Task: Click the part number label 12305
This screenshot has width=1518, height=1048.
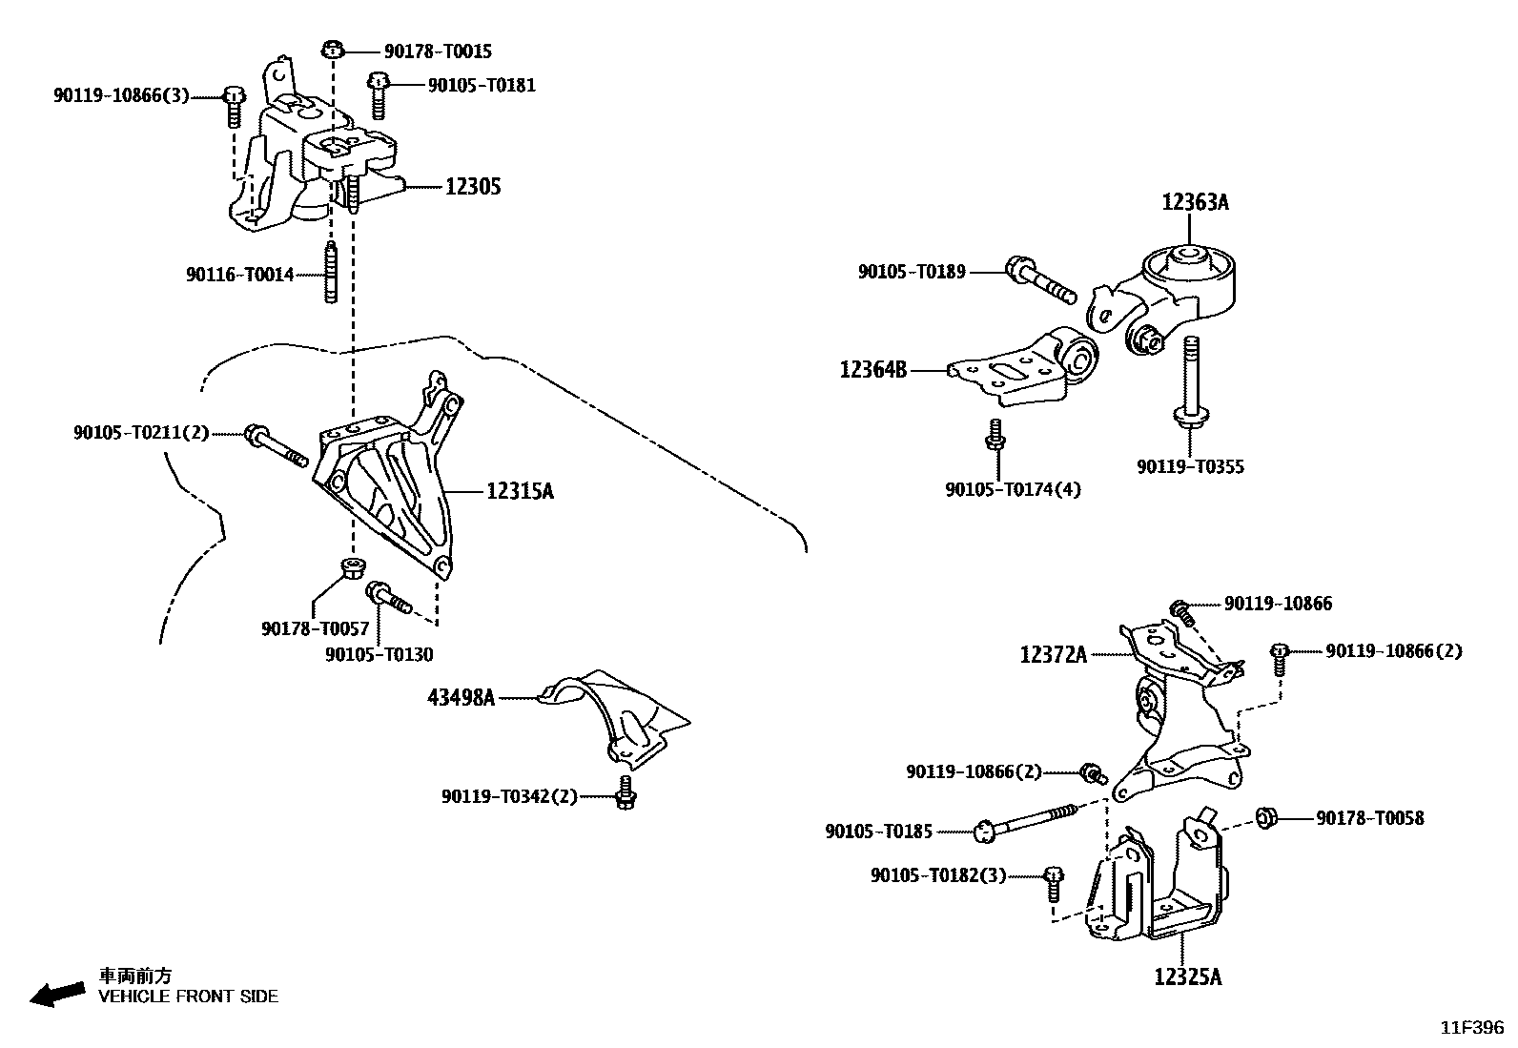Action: pyautogui.click(x=473, y=187)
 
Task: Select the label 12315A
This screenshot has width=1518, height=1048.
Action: pyautogui.click(x=520, y=492)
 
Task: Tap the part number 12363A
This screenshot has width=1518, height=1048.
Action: pyautogui.click(x=1195, y=202)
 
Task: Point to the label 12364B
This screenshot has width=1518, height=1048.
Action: pyautogui.click(x=873, y=369)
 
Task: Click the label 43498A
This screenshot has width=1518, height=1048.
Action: pyautogui.click(x=461, y=698)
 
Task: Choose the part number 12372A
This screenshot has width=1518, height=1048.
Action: pyautogui.click(x=1054, y=655)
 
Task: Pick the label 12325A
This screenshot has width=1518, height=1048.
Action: pyautogui.click(x=1187, y=976)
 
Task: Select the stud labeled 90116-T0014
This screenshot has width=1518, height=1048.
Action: pyautogui.click(x=331, y=274)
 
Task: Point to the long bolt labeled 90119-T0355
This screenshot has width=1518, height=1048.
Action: pyautogui.click(x=1191, y=381)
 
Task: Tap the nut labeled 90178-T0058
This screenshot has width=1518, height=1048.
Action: pyautogui.click(x=1267, y=817)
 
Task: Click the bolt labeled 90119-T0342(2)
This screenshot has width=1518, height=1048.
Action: pyautogui.click(x=625, y=792)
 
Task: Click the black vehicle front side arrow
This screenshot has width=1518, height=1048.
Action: pyautogui.click(x=56, y=993)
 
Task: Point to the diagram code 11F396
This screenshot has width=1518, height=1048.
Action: pyautogui.click(x=1470, y=1027)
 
